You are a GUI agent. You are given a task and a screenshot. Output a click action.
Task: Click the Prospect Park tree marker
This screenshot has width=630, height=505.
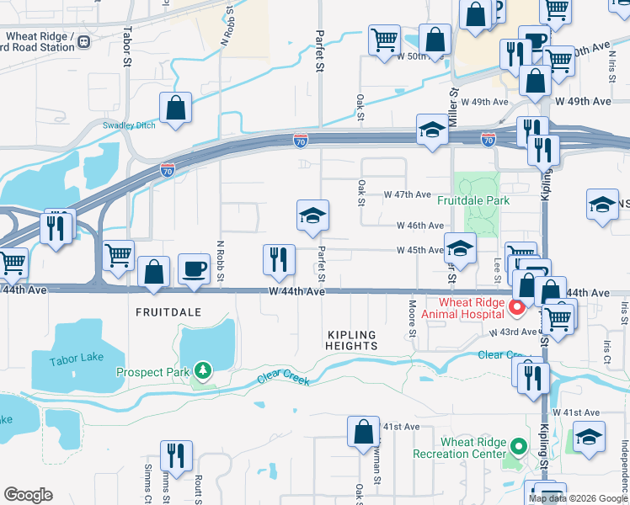[202, 369]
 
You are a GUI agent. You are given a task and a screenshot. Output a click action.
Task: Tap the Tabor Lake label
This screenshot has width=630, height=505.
[76, 358]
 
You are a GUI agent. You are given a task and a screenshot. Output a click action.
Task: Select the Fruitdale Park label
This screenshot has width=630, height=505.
[472, 201]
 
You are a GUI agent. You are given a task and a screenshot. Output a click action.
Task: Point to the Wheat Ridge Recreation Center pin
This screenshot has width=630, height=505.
[518, 446]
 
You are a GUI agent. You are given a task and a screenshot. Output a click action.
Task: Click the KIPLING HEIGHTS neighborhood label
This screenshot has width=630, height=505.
[351, 340]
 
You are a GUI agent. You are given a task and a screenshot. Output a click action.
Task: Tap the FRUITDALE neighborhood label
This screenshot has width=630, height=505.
[169, 311]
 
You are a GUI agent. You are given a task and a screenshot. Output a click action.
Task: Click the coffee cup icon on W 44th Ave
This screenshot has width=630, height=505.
[195, 268]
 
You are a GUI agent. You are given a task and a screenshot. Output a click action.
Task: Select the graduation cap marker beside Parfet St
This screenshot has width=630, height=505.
[312, 215]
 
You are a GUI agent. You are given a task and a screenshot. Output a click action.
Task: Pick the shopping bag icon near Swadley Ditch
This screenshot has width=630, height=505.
[175, 109]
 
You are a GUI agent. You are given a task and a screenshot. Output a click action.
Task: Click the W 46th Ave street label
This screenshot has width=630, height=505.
[420, 226]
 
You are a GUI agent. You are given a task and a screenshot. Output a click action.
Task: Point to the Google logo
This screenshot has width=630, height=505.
[28, 495]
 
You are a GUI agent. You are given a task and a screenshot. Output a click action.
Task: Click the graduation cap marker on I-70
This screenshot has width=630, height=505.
[432, 130]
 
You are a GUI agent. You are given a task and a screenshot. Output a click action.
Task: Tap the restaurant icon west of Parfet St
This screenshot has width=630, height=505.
[279, 259]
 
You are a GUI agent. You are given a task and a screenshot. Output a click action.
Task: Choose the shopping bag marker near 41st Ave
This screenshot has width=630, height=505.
[363, 432]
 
